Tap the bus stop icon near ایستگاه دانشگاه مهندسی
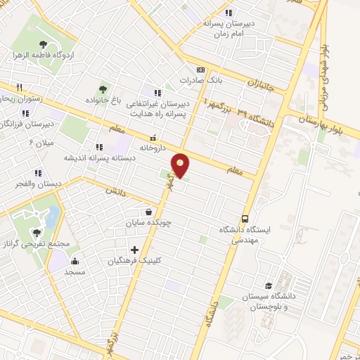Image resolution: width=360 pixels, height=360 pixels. pyautogui.click(x=245, y=218)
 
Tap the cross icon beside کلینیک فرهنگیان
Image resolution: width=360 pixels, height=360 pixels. pyautogui.click(x=134, y=249)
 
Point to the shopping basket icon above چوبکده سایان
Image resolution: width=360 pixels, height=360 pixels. pyautogui.click(x=148, y=211)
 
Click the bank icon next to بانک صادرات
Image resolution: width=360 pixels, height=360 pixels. pyautogui.click(x=200, y=70)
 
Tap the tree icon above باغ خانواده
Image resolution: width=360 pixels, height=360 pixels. pyautogui.click(x=103, y=89)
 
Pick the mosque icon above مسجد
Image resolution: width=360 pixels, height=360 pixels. pyautogui.click(x=75, y=262)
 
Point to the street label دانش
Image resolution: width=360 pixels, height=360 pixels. pyautogui.click(x=115, y=191)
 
